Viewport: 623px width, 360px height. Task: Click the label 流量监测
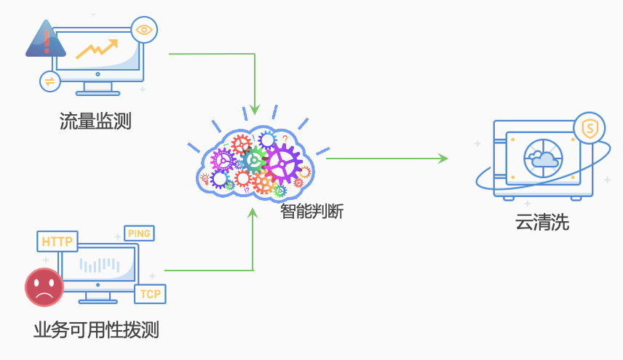coord(95,121)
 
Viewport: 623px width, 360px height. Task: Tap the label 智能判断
coord(311,212)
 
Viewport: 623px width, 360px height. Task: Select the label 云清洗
coord(542,223)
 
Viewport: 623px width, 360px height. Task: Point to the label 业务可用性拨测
coord(96,331)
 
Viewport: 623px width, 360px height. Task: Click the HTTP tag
coord(57,241)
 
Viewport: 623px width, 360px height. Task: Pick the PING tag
coord(139,233)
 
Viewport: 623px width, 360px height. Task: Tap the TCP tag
coord(150,294)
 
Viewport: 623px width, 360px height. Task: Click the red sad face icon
coord(44,288)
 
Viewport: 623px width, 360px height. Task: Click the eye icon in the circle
coord(144,30)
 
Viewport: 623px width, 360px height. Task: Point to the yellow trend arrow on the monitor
coord(98,49)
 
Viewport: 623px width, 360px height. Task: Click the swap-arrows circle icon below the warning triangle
coord(49,81)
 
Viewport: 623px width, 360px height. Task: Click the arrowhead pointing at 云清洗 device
coord(443,158)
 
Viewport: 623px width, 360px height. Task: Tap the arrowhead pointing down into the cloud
coord(254,109)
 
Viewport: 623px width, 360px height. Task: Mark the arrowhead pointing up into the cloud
coord(253,213)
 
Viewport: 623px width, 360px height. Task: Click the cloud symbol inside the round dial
coord(542,158)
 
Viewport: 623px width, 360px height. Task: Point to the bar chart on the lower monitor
coord(100,265)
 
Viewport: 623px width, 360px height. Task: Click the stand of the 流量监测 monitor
coord(98,88)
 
